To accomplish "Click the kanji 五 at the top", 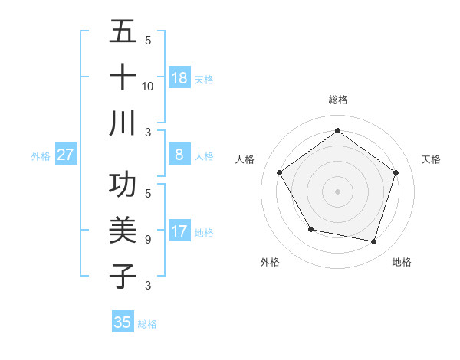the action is [123, 33].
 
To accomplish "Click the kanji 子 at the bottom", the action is [123, 276].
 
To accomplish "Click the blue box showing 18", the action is [179, 77].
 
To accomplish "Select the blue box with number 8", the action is [179, 155].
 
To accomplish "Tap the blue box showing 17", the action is [179, 231].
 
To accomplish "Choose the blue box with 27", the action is [66, 155].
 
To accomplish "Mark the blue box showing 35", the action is [123, 322].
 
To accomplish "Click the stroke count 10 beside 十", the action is [148, 87].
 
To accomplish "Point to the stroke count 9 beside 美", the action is [147, 240].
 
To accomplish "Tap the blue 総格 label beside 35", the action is [147, 324].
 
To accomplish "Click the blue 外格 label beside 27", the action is [41, 156].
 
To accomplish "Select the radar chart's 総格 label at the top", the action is [337, 100].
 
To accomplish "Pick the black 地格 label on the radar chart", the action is [402, 262].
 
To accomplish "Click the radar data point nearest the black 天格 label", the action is [396, 172].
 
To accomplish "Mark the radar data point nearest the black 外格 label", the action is [310, 229].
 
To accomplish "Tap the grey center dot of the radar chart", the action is [337, 191].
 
